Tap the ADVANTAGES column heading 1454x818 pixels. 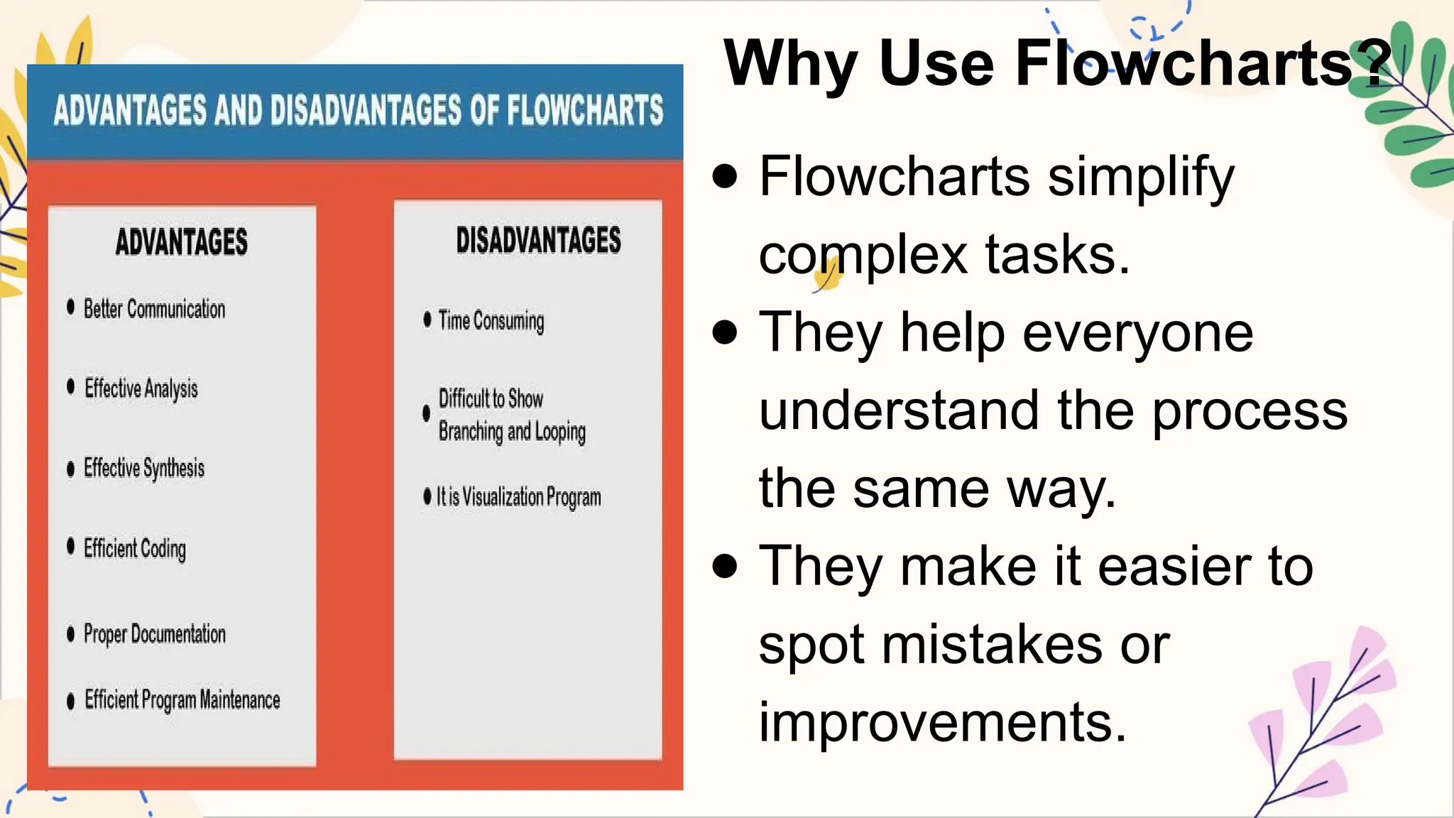[x=182, y=241]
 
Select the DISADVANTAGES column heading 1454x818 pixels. [x=538, y=240]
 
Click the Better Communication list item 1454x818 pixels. [x=154, y=309]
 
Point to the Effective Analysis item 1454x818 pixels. [x=141, y=388]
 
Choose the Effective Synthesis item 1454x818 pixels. [x=144, y=468]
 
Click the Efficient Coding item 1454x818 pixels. [x=135, y=548]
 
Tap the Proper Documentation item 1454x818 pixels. [x=154, y=633]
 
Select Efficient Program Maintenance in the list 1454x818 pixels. [x=182, y=700]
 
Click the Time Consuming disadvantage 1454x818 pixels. [x=491, y=321]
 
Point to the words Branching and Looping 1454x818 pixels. [x=512, y=432]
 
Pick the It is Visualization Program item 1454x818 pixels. [x=518, y=497]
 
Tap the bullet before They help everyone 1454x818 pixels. [x=725, y=332]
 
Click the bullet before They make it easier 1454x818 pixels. [x=725, y=566]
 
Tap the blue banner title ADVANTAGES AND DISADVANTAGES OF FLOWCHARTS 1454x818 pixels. [x=358, y=111]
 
